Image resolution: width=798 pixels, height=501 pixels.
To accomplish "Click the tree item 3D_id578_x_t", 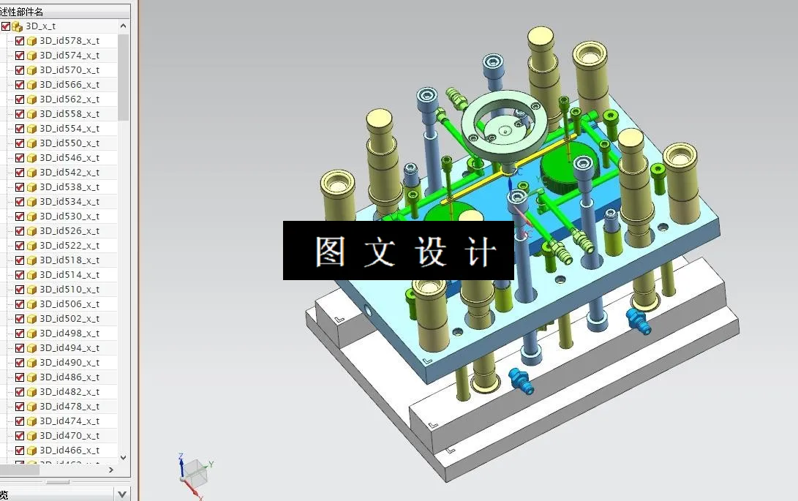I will pos(69,41).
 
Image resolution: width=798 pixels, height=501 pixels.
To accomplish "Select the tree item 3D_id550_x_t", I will pos(69,143).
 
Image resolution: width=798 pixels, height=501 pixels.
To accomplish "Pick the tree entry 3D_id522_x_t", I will pos(69,246).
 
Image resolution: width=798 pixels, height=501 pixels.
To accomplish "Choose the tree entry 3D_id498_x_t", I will pos(69,334).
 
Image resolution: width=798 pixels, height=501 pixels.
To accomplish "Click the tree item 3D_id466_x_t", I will pos(69,451).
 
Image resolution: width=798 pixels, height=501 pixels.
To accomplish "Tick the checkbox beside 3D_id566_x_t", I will pos(20,85).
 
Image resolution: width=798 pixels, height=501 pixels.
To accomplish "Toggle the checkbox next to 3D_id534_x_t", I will pos(20,202).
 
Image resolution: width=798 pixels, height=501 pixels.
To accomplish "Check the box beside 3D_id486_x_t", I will pos(20,377).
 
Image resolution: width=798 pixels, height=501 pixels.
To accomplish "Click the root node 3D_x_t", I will pos(40,26).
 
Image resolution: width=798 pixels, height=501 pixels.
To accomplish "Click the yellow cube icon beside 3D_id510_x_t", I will pos(31,290).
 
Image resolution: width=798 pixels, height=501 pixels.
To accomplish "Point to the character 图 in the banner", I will pos(331,252).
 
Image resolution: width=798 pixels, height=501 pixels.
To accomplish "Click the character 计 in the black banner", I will pos(480,252).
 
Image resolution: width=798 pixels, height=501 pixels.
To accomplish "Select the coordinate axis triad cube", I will pos(193,471).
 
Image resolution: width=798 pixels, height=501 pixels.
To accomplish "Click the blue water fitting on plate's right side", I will pos(638,321).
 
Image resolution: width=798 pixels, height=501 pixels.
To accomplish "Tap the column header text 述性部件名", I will pos(22,12).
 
